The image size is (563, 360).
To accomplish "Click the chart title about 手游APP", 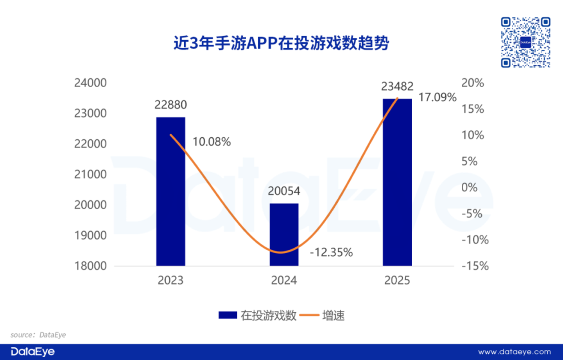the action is pyautogui.click(x=281, y=43).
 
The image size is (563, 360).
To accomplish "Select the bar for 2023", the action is pyautogui.click(x=170, y=191).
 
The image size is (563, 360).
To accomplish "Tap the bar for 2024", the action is pyautogui.click(x=284, y=234).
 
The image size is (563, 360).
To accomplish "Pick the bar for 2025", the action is pyautogui.click(x=397, y=182).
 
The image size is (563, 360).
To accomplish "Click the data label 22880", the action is pyautogui.click(x=170, y=104).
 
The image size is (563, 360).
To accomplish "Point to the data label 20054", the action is pyautogui.click(x=284, y=191).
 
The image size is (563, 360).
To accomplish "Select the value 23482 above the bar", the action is pyautogui.click(x=397, y=86).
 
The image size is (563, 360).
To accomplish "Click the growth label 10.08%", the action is pyautogui.click(x=212, y=142).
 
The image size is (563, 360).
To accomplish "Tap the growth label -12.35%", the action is pyautogui.click(x=332, y=252).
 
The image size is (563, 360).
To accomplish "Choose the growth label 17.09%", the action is pyautogui.click(x=437, y=97).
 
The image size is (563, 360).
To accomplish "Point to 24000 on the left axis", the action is pyautogui.click(x=90, y=83).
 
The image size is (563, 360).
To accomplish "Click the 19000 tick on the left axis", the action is pyautogui.click(x=90, y=236).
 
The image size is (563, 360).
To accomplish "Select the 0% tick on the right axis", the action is pyautogui.click(x=470, y=187).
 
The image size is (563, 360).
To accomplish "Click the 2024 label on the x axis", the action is pyautogui.click(x=284, y=280).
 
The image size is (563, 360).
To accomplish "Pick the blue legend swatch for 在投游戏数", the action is pyautogui.click(x=228, y=315).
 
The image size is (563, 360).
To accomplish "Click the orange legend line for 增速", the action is pyautogui.click(x=309, y=315).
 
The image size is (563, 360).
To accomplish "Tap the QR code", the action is pyautogui.click(x=525, y=42).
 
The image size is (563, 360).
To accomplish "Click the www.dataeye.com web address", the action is pyautogui.click(x=515, y=352).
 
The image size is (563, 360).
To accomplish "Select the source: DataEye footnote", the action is pyautogui.click(x=38, y=335).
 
